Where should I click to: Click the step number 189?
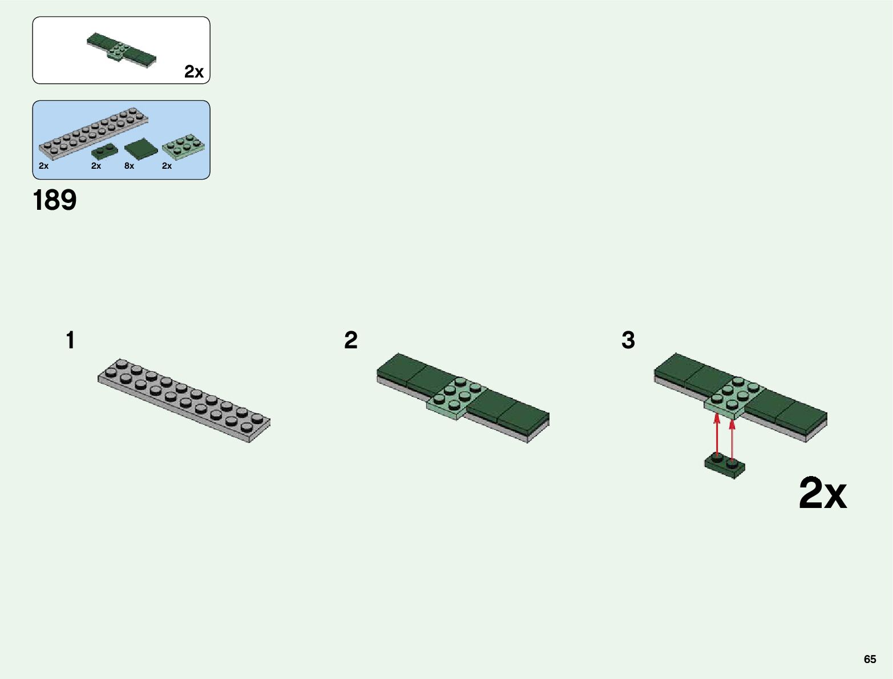pyautogui.click(x=55, y=201)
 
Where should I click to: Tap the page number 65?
pyautogui.click(x=870, y=659)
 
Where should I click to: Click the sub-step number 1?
pyautogui.click(x=70, y=340)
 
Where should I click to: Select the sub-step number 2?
pyautogui.click(x=351, y=340)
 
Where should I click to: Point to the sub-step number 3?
pyautogui.click(x=628, y=340)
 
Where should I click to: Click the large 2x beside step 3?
pyautogui.click(x=822, y=494)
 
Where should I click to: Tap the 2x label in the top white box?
pyautogui.click(x=194, y=71)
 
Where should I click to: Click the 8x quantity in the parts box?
pyautogui.click(x=129, y=166)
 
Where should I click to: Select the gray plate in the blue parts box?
pyautogui.click(x=93, y=132)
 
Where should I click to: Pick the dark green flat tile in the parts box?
pyautogui.click(x=141, y=149)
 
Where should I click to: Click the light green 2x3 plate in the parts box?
pyautogui.click(x=184, y=145)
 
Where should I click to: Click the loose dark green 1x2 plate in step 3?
pyautogui.click(x=725, y=466)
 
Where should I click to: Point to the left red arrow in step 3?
pyautogui.click(x=717, y=436)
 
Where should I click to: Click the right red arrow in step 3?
pyautogui.click(x=732, y=437)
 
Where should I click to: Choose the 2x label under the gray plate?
pyautogui.click(x=43, y=166)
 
